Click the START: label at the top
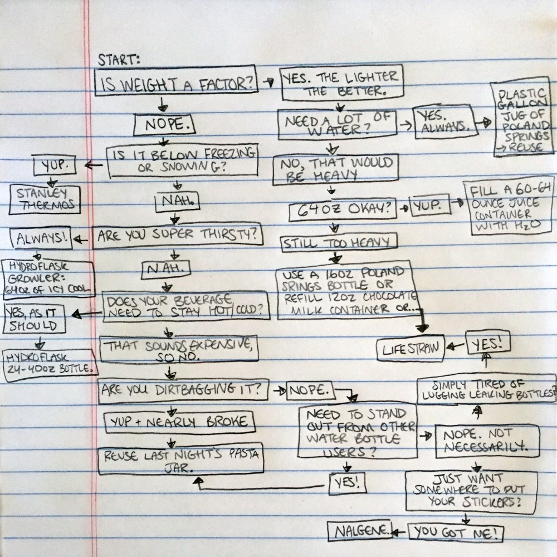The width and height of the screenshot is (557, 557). pyautogui.click(x=118, y=60)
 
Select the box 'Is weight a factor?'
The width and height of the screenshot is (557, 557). pyautogui.click(x=176, y=80)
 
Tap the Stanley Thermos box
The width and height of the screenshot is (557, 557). pyautogui.click(x=45, y=199)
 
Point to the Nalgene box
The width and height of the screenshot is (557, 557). pyautogui.click(x=360, y=531)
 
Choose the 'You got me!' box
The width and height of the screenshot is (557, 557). pyautogui.click(x=456, y=532)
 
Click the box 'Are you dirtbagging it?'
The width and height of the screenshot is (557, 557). pyautogui.click(x=183, y=391)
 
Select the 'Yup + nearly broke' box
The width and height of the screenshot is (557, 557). pyautogui.click(x=180, y=422)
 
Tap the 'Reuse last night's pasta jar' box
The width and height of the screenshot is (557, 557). pyautogui.click(x=181, y=458)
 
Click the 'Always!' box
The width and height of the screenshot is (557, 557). pyautogui.click(x=41, y=238)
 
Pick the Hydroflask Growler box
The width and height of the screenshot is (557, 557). pyautogui.click(x=48, y=278)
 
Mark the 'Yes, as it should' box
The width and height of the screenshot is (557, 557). pyautogui.click(x=34, y=319)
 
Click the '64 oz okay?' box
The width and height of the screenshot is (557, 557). pyautogui.click(x=343, y=209)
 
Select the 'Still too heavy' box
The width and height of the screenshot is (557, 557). pyautogui.click(x=339, y=243)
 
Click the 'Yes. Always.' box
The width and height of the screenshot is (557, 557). pyautogui.click(x=445, y=121)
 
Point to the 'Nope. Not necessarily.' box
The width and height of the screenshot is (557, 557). pyautogui.click(x=487, y=441)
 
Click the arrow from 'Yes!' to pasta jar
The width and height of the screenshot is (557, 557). pyautogui.click(x=260, y=488)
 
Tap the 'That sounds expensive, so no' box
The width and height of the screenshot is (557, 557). pyautogui.click(x=179, y=350)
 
